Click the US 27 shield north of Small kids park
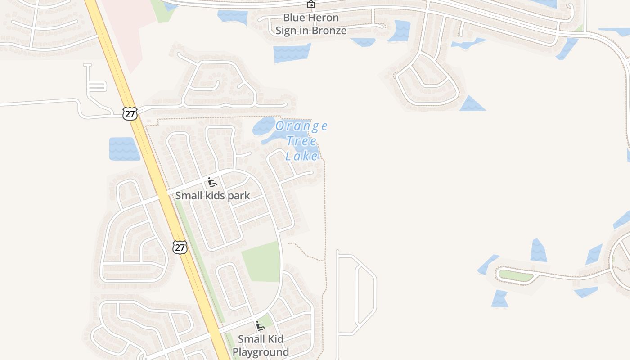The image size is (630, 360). point(130,113)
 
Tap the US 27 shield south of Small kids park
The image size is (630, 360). point(180,247)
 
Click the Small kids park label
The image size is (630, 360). point(212,196)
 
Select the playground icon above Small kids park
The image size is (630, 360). point(212,182)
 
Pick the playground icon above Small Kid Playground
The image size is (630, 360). point(260,325)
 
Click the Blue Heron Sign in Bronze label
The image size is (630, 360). point(311,24)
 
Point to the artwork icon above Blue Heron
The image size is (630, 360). point(311,4)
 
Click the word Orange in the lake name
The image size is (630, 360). point(301,126)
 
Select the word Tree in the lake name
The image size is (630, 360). point(301,141)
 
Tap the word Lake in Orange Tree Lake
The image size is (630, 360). point(301,156)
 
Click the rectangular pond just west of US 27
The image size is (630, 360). point(124,149)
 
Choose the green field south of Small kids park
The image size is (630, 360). point(262,262)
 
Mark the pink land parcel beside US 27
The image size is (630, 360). point(124,27)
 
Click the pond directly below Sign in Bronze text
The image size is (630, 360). point(292,53)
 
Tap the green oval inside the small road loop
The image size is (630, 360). point(516,275)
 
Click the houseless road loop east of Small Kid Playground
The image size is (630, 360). point(357,295)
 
